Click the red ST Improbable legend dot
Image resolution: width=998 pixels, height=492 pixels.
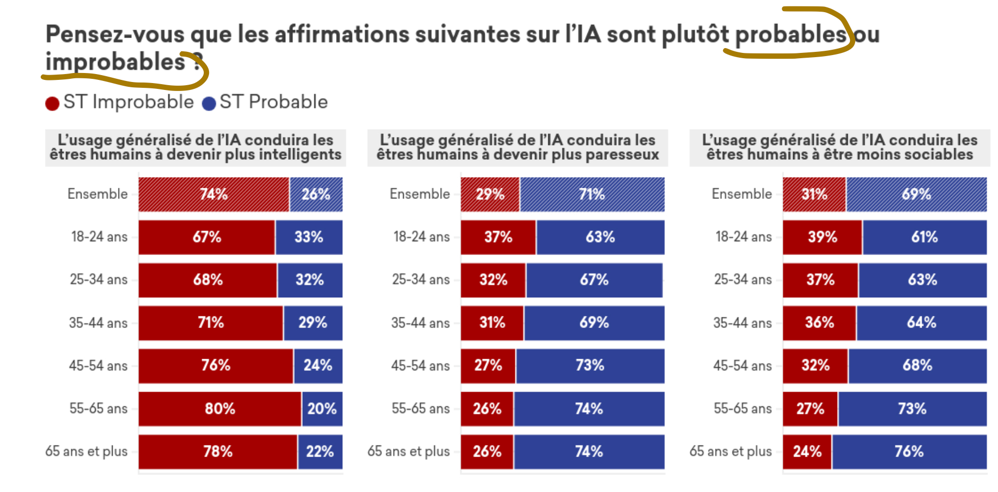tap(52, 103)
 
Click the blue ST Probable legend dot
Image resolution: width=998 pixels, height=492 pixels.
tap(209, 103)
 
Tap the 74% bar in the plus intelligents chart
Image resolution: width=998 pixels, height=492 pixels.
tap(214, 194)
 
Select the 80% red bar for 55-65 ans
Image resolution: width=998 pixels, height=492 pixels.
tap(220, 408)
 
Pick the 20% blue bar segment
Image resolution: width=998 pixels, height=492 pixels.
tap(322, 408)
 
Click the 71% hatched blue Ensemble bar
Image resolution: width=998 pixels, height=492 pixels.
tap(592, 194)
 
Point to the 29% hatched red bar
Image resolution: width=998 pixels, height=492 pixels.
tap(490, 194)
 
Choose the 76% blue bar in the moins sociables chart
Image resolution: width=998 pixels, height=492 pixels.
tap(909, 451)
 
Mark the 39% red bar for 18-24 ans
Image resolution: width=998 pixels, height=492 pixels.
tap(822, 237)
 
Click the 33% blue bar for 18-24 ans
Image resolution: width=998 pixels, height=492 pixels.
tap(309, 237)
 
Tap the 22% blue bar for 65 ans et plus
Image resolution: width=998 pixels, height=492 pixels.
tap(320, 451)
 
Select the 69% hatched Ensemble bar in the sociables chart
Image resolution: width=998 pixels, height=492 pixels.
tap(916, 194)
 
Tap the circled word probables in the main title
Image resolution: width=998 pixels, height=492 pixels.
tap(791, 34)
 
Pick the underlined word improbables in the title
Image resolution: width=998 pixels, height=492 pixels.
tap(115, 62)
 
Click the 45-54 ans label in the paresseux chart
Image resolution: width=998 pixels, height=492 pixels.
tap(420, 366)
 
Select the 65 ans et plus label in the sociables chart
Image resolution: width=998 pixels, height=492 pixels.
tap(730, 451)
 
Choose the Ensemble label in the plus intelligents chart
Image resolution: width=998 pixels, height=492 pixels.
tap(97, 194)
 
